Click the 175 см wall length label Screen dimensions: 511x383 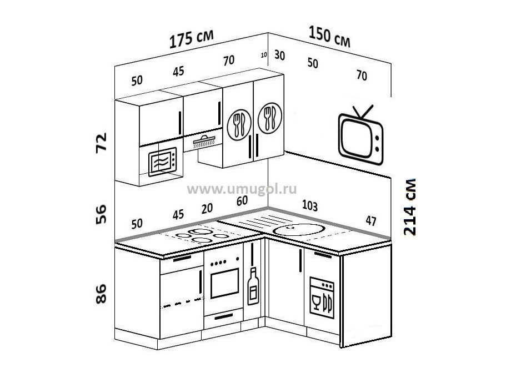tap(192, 39)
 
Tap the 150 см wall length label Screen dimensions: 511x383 tap(329, 37)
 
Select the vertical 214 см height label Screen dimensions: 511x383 tap(409, 207)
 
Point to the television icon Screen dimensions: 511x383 tap(361, 135)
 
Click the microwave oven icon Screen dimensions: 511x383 tap(162, 162)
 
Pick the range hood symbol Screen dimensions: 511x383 tap(204, 142)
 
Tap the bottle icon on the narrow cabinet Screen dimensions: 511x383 tap(253, 286)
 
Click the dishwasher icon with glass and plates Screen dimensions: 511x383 tap(322, 298)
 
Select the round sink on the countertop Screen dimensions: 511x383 tap(299, 230)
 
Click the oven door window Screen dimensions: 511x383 tap(225, 283)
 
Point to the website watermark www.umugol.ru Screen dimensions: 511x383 tap(242, 189)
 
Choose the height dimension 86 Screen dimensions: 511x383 tap(101, 294)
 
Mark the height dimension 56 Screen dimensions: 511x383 tap(101, 214)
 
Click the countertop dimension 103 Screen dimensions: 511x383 tap(309, 205)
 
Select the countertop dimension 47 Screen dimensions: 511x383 tap(371, 221)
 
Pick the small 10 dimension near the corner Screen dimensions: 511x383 tap(264, 55)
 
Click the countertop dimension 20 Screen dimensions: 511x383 tap(207, 209)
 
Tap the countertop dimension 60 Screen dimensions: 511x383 tap(242, 201)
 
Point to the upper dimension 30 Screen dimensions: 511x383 tap(279, 56)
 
